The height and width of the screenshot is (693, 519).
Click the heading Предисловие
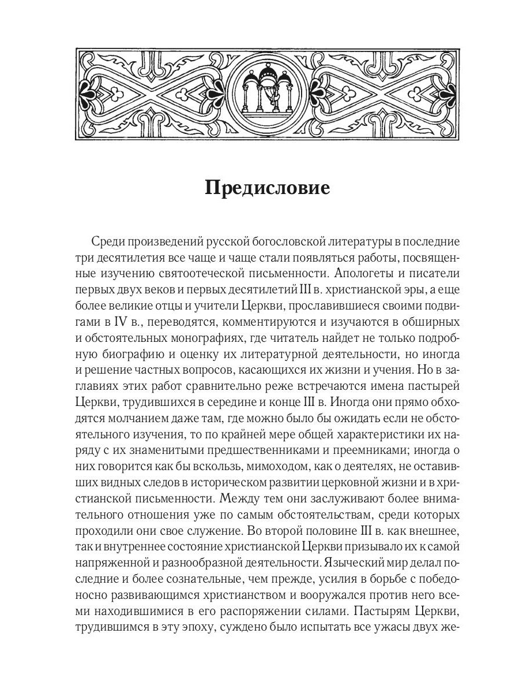tap(268, 188)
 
